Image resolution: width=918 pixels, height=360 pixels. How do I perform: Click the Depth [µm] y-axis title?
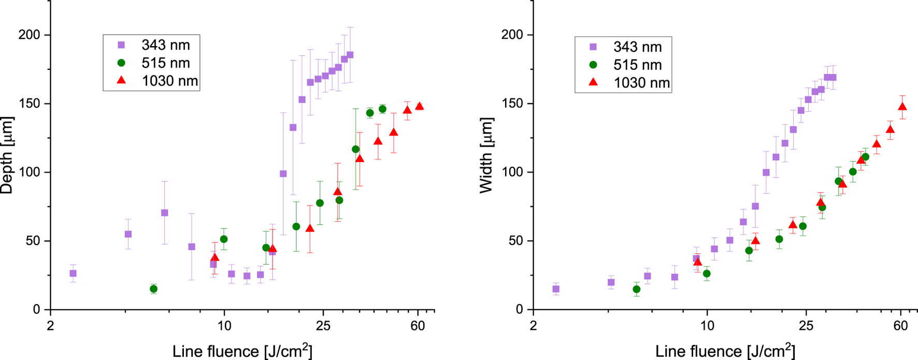click(x=7, y=155)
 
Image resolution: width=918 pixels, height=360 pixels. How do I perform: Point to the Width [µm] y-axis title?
click(x=486, y=155)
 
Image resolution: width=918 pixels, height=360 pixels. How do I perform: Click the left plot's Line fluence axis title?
click(x=242, y=351)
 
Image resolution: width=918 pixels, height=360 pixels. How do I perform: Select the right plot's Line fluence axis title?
click(x=725, y=351)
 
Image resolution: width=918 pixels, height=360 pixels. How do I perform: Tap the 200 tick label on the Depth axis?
click(x=30, y=35)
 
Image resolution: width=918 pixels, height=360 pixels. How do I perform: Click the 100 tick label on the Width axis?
click(x=512, y=172)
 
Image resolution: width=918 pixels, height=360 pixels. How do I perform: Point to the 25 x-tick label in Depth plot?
click(x=323, y=326)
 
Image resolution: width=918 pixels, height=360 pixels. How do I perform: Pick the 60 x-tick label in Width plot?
click(x=901, y=326)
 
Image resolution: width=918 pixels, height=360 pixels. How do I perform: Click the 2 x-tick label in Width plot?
click(x=533, y=326)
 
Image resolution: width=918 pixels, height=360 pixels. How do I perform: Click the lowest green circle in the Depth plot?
click(x=153, y=289)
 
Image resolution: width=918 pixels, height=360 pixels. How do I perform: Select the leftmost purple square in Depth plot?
click(x=73, y=273)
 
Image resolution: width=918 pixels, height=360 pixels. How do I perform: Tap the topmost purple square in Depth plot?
click(x=350, y=55)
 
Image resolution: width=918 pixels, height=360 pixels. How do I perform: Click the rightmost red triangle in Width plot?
click(x=902, y=107)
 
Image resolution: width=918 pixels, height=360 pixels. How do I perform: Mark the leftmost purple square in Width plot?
click(x=556, y=289)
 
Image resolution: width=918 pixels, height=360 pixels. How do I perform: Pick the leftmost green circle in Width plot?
click(x=637, y=289)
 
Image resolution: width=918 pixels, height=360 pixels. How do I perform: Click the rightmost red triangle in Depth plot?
click(x=419, y=106)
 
